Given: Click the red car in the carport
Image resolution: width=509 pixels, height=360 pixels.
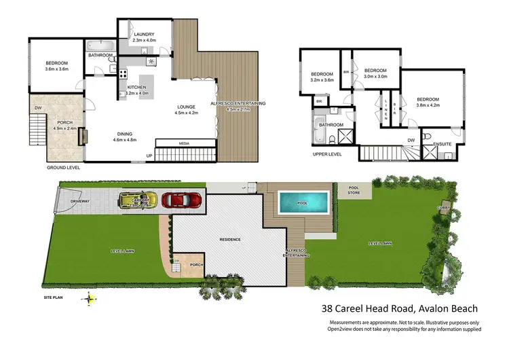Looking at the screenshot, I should tap(181, 200).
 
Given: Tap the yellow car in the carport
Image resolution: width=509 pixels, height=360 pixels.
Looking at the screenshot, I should tap(138, 200).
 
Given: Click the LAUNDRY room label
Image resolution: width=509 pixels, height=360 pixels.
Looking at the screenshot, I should tap(144, 34).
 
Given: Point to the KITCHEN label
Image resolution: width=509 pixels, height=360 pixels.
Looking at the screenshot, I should tap(137, 88).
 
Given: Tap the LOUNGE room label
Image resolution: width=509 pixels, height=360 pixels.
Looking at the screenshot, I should tap(187, 107).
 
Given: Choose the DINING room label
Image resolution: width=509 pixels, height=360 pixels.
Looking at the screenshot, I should tap(125, 134).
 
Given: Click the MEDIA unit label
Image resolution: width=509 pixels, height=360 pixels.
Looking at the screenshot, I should tap(184, 143).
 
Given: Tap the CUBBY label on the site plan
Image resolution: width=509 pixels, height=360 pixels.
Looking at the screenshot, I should tap(444, 208).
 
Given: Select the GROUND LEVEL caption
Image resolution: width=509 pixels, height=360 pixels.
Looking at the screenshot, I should tap(63, 166).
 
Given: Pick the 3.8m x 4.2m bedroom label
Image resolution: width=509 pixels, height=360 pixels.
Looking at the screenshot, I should tap(428, 102).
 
